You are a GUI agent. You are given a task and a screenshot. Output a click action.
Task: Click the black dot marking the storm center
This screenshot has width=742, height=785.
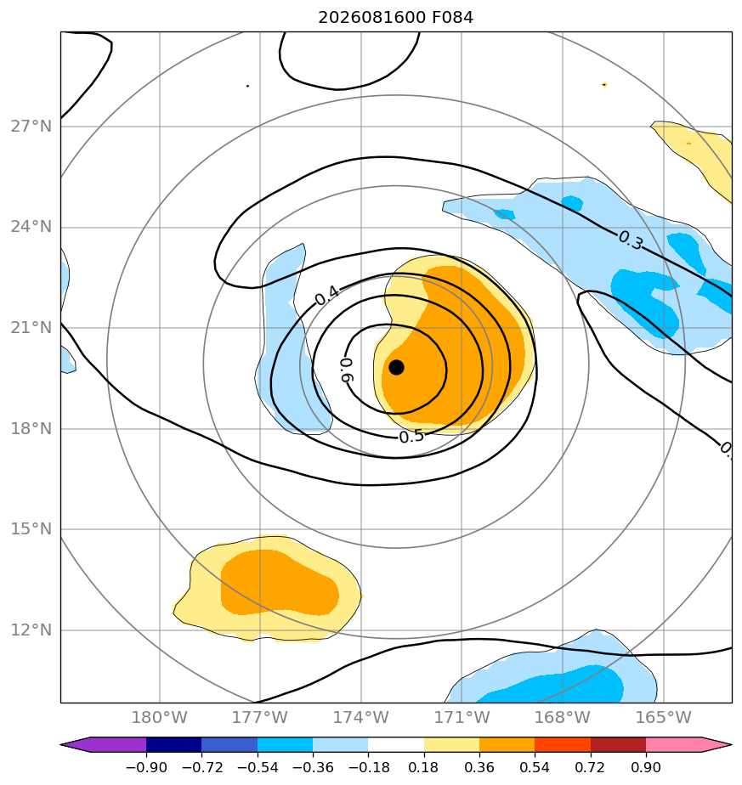point(396,368)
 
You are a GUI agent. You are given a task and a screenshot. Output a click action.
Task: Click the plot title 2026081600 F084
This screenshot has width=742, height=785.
point(395,18)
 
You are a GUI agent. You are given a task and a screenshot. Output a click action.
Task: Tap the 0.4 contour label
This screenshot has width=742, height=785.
point(326,296)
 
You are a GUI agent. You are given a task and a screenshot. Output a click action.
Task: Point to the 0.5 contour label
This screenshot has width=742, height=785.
point(411,437)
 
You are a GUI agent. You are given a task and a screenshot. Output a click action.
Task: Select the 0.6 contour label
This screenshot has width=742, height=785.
point(347,370)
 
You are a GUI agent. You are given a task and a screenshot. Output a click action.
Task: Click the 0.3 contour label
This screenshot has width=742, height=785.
point(631,240)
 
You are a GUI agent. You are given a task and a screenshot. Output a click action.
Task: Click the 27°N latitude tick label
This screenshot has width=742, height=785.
point(31,126)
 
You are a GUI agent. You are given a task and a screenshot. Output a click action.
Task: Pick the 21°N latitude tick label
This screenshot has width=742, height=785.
point(31,327)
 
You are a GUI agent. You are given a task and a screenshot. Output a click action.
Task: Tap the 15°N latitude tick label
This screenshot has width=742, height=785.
point(31,528)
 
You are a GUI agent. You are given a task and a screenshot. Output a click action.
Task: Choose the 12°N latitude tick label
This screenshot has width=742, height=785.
point(31,630)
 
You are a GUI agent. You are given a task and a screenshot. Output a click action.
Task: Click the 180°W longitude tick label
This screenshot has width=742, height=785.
point(159,717)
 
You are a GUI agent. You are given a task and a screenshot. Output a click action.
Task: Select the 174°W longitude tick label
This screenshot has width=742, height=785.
point(360,717)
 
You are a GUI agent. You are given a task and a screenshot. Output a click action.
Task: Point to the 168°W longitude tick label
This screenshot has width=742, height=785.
point(562,717)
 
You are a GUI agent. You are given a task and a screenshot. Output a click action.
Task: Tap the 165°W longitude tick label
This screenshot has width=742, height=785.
point(663,717)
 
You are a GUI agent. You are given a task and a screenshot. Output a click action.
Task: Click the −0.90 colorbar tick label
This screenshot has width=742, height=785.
point(146,767)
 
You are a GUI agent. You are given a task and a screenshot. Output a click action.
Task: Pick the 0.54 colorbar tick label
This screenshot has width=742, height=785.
point(535,767)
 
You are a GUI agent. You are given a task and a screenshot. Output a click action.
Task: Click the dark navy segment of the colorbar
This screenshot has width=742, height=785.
point(174,744)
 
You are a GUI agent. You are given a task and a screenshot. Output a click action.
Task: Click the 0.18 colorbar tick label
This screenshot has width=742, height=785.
point(423,767)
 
